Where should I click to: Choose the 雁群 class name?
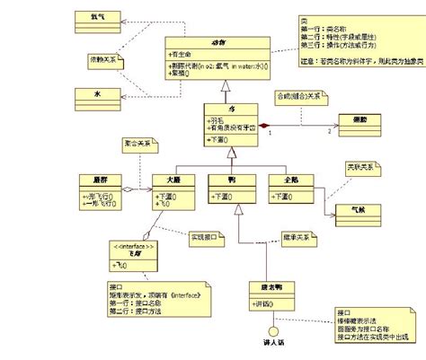click(99, 180)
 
